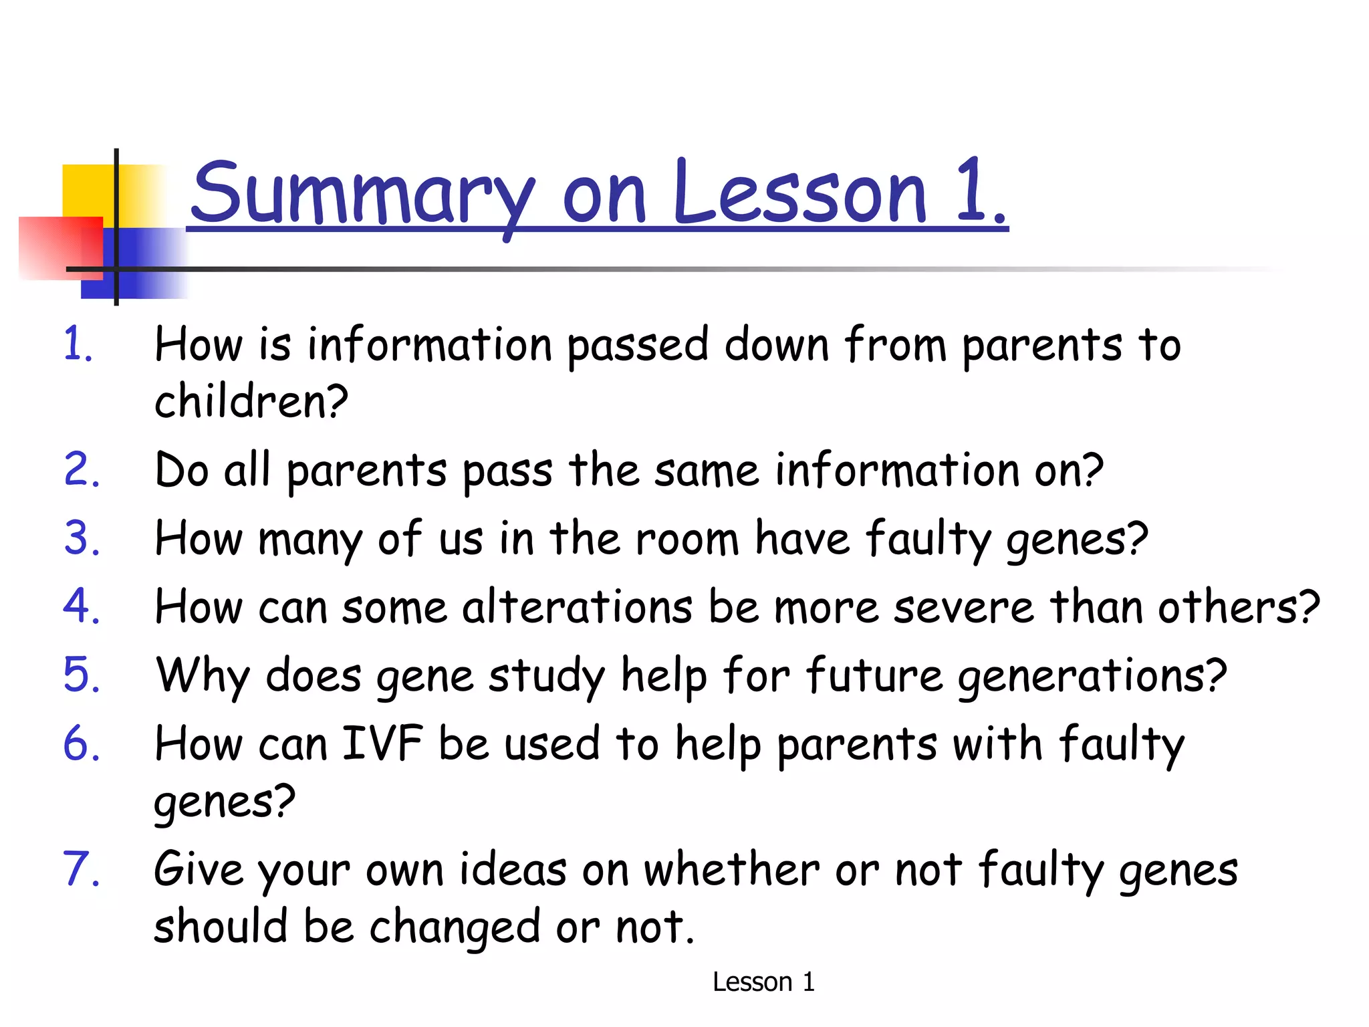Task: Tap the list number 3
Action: (x=81, y=538)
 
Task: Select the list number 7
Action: (x=81, y=869)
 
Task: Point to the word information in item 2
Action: (x=896, y=470)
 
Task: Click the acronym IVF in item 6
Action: (x=382, y=744)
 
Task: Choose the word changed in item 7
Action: (x=454, y=928)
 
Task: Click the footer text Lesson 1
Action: (x=763, y=982)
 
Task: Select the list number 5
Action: (x=81, y=675)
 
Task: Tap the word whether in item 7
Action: (x=731, y=871)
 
